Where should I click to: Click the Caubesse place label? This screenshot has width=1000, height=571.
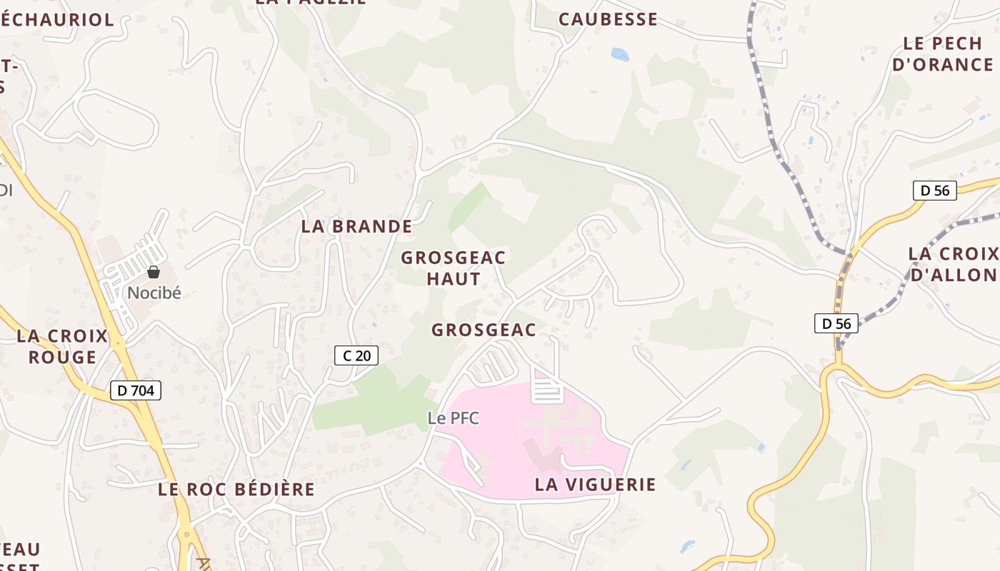pyautogui.click(x=608, y=19)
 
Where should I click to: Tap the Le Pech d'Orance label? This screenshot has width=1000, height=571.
pyautogui.click(x=943, y=54)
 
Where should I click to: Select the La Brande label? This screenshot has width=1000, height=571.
pyautogui.click(x=356, y=227)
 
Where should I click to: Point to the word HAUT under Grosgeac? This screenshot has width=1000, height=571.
pyautogui.click(x=454, y=279)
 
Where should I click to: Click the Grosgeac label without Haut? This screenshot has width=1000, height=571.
pyautogui.click(x=484, y=330)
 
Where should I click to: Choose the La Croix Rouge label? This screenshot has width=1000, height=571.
pyautogui.click(x=62, y=346)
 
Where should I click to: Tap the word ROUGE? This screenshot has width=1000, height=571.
pyautogui.click(x=62, y=357)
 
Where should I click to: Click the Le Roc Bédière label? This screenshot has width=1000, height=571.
pyautogui.click(x=236, y=490)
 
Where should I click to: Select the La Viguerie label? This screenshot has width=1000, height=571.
pyautogui.click(x=595, y=485)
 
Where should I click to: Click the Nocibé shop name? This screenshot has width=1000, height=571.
pyautogui.click(x=154, y=293)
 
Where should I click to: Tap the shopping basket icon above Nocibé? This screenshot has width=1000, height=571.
pyautogui.click(x=154, y=272)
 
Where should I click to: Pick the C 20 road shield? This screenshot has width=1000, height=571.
pyautogui.click(x=356, y=355)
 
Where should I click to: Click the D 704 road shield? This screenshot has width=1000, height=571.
pyautogui.click(x=136, y=390)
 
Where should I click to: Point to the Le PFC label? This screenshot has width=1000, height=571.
pyautogui.click(x=453, y=418)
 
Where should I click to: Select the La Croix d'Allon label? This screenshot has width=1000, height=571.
pyautogui.click(x=954, y=264)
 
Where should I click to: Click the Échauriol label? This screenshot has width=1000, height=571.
pyautogui.click(x=57, y=20)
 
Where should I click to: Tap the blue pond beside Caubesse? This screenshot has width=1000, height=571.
pyautogui.click(x=620, y=54)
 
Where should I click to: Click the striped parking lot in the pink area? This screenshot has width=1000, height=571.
pyautogui.click(x=548, y=390)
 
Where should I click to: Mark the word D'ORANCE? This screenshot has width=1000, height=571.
pyautogui.click(x=943, y=64)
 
